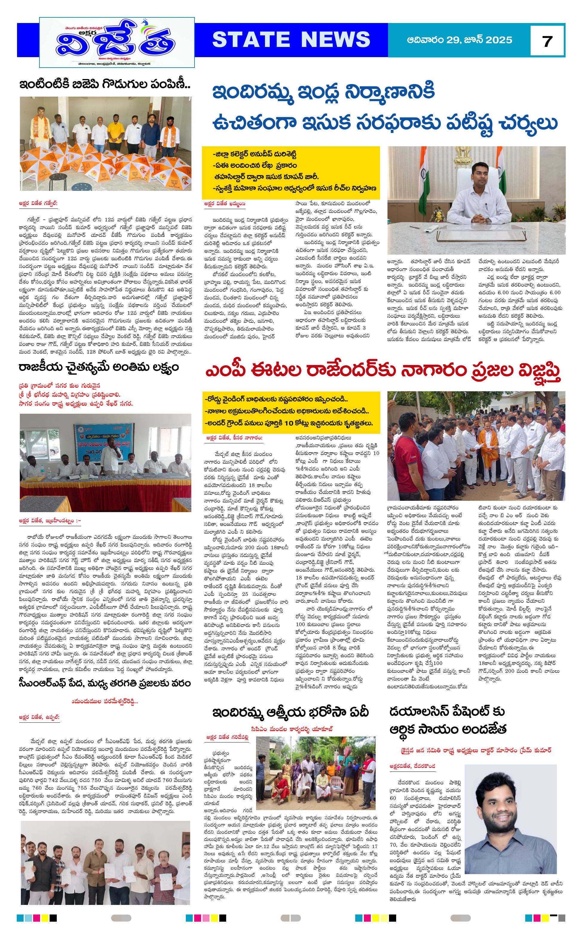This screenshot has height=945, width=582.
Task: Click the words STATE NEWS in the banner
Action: (291, 40)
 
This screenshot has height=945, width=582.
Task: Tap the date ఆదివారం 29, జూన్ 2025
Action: (459, 40)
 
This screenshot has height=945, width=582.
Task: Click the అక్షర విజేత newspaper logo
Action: (117, 42)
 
